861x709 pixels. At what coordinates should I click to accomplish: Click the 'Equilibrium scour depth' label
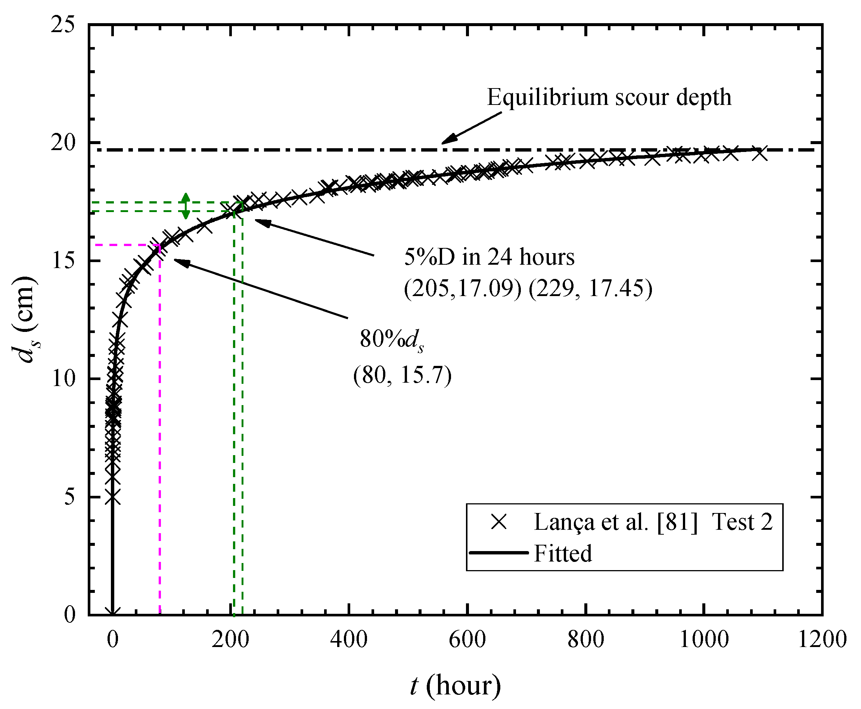click(609, 97)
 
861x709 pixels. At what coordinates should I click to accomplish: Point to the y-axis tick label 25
click(63, 25)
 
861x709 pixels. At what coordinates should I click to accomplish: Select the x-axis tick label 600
click(467, 640)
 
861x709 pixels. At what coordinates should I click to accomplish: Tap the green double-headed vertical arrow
click(186, 206)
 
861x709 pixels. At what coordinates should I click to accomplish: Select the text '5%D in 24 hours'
click(489, 258)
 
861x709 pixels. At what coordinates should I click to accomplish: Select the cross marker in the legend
click(499, 522)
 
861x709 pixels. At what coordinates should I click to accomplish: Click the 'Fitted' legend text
click(562, 554)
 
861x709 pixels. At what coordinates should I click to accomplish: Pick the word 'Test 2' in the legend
click(742, 522)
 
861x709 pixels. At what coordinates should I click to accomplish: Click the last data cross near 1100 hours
click(759, 153)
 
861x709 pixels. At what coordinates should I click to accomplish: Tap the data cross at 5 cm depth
click(113, 497)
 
